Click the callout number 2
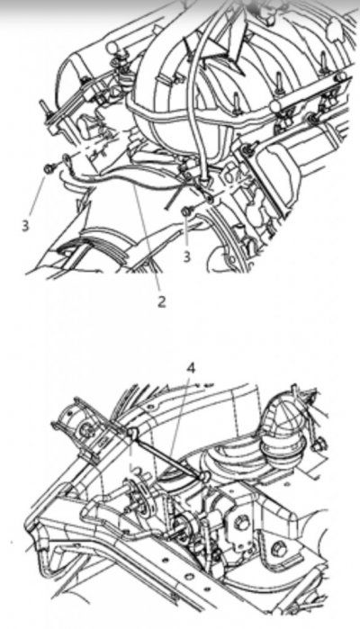[x=161, y=301]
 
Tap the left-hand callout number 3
[x=25, y=226]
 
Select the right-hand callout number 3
[x=186, y=256]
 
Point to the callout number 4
[x=191, y=368]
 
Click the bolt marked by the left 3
[x=49, y=169]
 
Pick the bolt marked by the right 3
[x=187, y=211]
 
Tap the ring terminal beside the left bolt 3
[x=67, y=158]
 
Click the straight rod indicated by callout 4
[x=168, y=454]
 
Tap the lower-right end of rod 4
[x=204, y=476]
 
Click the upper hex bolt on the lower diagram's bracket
[x=241, y=522]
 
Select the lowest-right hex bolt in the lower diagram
[x=278, y=549]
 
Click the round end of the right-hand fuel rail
[x=274, y=107]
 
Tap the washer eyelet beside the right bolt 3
[x=211, y=199]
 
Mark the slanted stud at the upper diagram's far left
[x=42, y=109]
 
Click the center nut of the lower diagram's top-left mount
[x=85, y=429]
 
